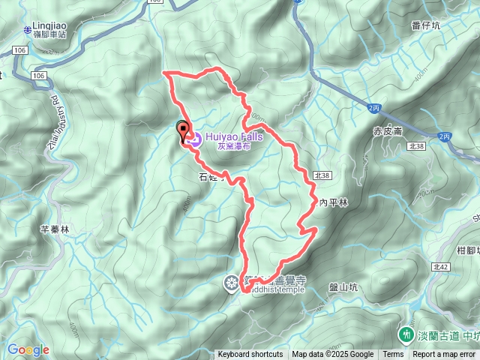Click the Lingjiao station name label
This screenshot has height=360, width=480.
(x=50, y=25)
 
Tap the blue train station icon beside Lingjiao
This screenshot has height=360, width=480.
(x=26, y=30)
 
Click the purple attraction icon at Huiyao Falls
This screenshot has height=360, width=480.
(x=193, y=138)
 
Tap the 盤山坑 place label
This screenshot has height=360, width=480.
(x=345, y=287)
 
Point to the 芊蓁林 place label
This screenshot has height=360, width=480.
(x=55, y=230)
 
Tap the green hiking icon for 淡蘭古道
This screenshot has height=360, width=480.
(x=406, y=331)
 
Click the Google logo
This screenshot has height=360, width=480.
(x=28, y=349)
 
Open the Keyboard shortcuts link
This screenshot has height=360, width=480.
(x=250, y=355)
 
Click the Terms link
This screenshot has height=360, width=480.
(x=393, y=355)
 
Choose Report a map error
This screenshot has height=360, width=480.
(x=444, y=355)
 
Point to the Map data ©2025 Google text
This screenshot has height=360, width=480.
(x=333, y=355)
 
